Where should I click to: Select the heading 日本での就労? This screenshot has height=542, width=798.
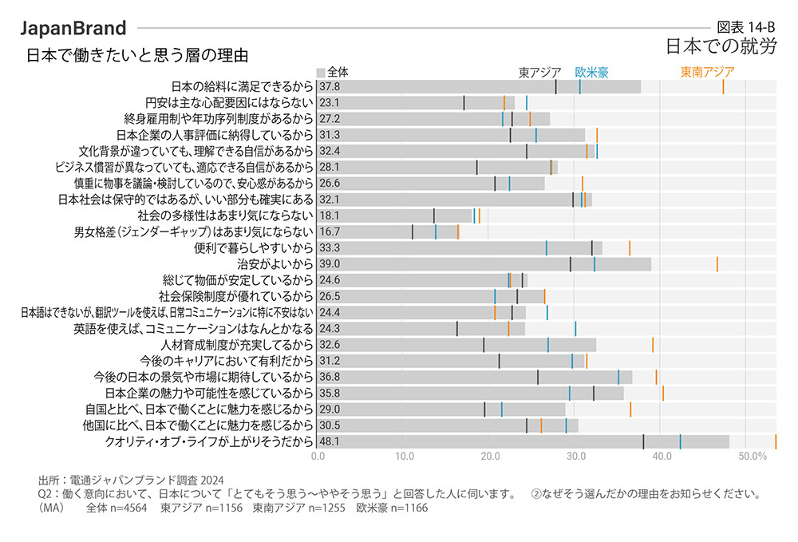tap(721, 47)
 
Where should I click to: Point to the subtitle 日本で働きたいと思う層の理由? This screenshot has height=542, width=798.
tap(137, 56)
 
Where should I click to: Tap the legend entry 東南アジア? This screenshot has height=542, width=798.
tap(707, 72)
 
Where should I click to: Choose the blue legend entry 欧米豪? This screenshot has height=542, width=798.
tap(591, 72)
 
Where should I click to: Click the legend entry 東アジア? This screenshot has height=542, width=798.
tap(540, 72)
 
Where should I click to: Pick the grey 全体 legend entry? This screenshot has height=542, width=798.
tap(333, 71)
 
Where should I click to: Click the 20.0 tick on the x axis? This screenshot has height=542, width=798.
tap(490, 456)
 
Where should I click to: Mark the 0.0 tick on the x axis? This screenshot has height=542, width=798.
tap(318, 456)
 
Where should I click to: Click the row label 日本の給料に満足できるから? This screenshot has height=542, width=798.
tap(242, 86)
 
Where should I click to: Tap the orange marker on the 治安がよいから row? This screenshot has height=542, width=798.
tap(717, 264)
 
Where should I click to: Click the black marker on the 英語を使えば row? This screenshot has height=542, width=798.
tap(456, 329)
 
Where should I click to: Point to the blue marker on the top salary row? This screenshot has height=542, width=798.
tap(579, 86)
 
